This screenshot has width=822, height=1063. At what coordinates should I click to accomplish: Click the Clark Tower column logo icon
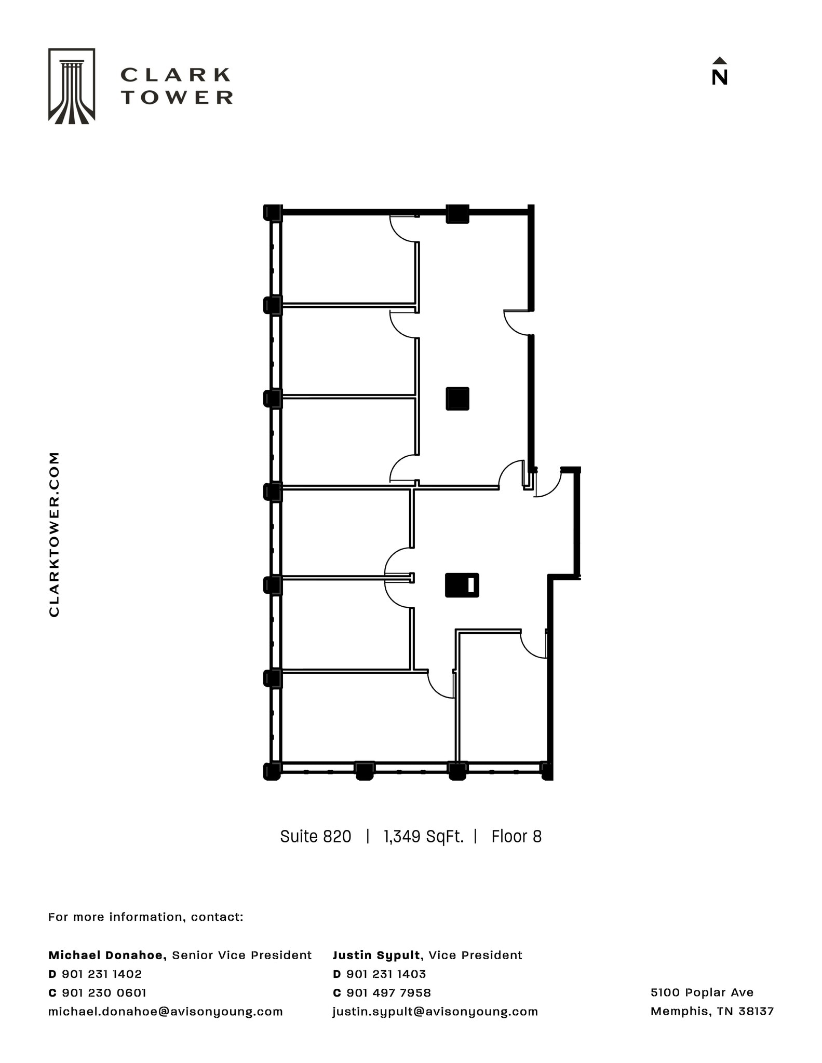72,86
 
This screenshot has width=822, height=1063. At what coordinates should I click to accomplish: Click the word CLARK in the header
176,75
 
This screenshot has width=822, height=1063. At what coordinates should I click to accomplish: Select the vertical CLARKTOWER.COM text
54,534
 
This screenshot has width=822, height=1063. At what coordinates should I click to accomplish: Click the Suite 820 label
315,837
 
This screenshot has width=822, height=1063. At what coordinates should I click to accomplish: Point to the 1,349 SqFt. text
423,837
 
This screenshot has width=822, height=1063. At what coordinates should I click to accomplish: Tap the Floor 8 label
516,837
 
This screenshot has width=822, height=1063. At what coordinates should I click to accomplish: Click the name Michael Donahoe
107,955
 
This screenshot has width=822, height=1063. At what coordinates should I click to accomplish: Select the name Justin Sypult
376,955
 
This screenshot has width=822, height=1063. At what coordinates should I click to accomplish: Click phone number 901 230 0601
104,992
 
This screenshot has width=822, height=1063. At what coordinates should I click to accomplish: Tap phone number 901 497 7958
388,992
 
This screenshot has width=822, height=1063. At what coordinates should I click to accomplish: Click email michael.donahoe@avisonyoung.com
165,1011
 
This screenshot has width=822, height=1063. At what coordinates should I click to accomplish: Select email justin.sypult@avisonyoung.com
435,1011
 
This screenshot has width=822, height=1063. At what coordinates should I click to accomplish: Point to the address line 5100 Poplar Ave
702,992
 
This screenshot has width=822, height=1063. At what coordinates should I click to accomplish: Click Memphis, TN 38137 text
712,1011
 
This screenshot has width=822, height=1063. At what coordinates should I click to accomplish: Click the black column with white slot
462,585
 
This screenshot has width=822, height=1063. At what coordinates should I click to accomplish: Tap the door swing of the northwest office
402,229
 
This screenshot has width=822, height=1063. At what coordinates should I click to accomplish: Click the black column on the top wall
457,213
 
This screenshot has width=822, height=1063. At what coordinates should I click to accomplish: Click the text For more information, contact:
145,917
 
